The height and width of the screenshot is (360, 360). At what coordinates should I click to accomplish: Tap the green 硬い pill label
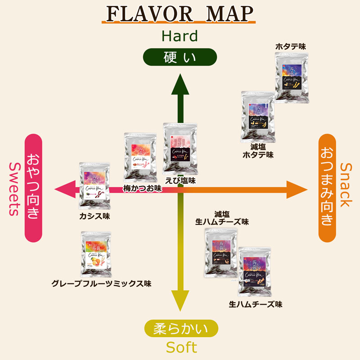point(180,58)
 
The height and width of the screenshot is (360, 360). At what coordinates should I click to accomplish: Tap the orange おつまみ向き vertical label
point(327,188)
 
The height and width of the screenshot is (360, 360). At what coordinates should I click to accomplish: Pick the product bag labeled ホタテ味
point(292,76)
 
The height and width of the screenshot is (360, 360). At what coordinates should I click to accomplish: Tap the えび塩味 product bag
point(180,148)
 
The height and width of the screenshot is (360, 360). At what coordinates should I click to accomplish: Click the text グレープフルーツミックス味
point(101,284)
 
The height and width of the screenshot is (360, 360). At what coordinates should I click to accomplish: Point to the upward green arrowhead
point(180,83)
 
